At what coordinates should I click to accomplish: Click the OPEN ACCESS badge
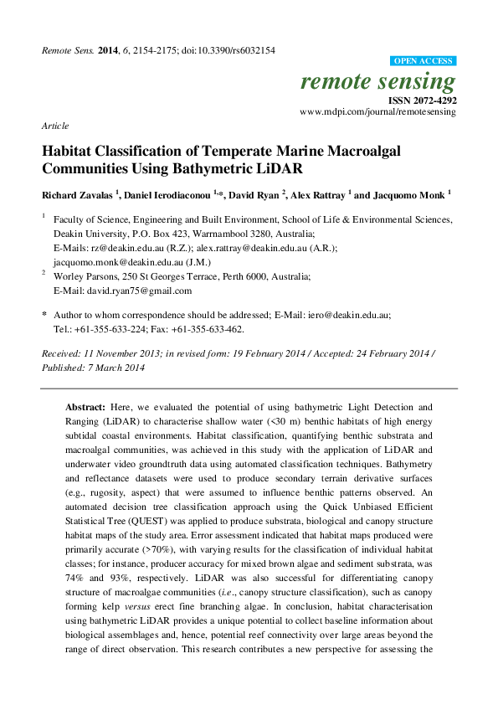pos(424,62)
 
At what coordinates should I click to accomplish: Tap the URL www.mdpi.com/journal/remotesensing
pos(377,111)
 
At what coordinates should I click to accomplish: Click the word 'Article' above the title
pos(54,125)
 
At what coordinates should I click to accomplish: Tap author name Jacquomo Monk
pos(408,195)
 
